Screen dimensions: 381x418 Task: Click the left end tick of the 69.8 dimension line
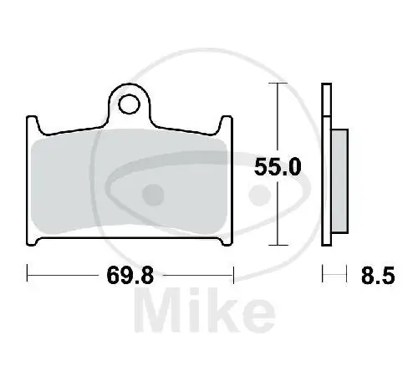click(x=28, y=273)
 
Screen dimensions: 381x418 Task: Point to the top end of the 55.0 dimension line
click(x=273, y=85)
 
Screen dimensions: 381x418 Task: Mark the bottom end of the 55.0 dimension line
click(x=273, y=245)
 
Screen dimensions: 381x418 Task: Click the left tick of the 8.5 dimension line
click(x=324, y=273)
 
